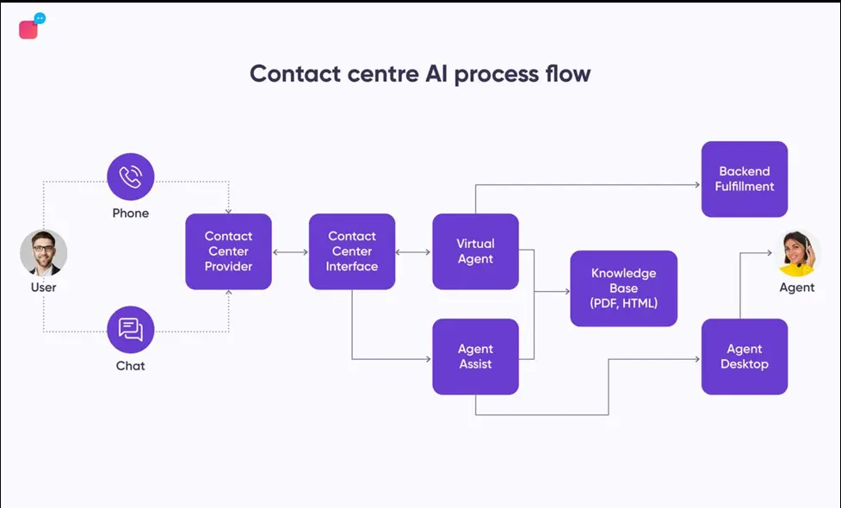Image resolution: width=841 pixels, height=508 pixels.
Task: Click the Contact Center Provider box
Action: point(228,251)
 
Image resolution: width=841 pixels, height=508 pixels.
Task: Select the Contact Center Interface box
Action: point(352,251)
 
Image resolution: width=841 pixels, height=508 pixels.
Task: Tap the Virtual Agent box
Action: point(476,251)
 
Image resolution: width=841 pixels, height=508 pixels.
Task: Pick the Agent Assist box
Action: point(476,356)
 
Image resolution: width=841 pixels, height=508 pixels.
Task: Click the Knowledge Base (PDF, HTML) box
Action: point(624,288)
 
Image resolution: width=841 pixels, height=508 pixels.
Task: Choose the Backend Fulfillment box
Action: point(745,179)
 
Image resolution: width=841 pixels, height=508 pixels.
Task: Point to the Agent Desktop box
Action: point(745,356)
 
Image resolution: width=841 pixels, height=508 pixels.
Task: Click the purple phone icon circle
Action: point(130,177)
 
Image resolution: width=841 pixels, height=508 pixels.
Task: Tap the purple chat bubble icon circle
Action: point(130,330)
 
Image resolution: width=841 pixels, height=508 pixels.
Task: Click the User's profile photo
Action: point(43,253)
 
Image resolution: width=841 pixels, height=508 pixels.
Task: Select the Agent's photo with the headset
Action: point(797,253)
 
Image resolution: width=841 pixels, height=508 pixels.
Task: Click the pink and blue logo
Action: point(32,26)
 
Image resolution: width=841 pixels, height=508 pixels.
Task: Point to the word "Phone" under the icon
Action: point(130,213)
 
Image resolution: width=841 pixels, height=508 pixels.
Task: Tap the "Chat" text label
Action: point(130,366)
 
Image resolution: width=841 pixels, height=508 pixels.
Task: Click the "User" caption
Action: point(43,287)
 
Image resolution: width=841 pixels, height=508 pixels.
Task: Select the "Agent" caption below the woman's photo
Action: point(797,288)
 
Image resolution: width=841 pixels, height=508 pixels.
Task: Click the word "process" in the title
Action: point(496,74)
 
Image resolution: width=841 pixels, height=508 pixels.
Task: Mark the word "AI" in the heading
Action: point(436,73)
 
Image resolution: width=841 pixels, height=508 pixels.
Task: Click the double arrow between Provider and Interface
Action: point(290,252)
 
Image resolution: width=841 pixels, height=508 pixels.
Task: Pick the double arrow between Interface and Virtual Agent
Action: point(413,252)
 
